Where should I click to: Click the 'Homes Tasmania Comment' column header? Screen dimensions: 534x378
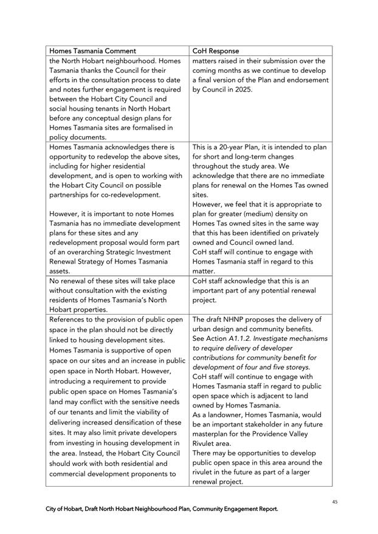(92, 51)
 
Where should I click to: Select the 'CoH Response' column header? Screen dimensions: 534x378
(216, 51)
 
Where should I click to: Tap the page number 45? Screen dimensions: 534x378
(334, 501)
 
